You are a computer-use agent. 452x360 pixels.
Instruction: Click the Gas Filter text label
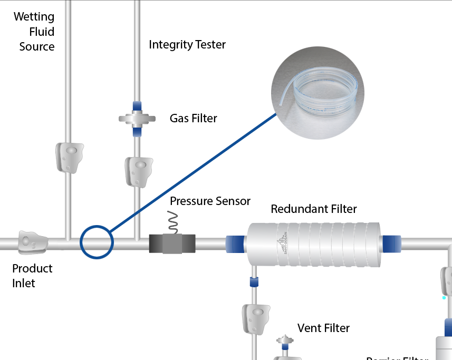193,118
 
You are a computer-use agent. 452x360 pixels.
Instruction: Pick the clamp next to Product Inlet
33,242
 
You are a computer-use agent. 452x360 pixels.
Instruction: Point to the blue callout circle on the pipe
97,242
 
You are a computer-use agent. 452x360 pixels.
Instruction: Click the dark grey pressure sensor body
172,243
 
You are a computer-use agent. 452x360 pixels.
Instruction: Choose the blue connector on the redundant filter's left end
235,244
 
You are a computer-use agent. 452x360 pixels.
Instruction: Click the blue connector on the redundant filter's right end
391,244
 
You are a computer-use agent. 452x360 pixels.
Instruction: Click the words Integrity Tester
187,44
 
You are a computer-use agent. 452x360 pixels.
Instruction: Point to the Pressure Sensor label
210,201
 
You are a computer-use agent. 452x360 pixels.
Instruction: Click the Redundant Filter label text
313,209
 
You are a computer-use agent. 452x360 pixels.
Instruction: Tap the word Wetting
34,16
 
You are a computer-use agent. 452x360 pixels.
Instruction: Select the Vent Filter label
323,328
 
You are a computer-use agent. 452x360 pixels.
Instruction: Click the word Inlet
24,283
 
